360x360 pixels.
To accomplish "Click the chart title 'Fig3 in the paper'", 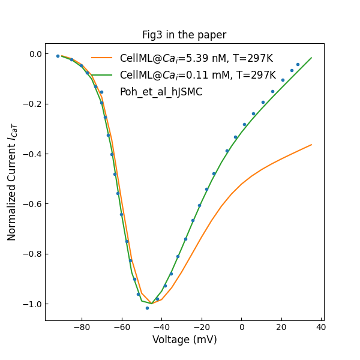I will (x=184, y=35).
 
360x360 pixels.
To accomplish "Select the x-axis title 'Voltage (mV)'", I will (x=184, y=340).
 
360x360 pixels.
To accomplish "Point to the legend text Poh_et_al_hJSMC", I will (x=161, y=92).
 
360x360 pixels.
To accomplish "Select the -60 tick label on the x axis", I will (x=122, y=327).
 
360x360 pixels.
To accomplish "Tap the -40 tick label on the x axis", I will (x=161, y=327).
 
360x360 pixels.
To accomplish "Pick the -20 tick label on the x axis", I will (x=202, y=327).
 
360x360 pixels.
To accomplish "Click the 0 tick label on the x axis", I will (x=242, y=327).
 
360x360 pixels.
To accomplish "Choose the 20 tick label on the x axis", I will (x=281, y=327).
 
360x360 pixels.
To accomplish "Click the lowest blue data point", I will (x=147, y=308).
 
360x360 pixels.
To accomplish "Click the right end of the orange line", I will (x=311, y=145).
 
